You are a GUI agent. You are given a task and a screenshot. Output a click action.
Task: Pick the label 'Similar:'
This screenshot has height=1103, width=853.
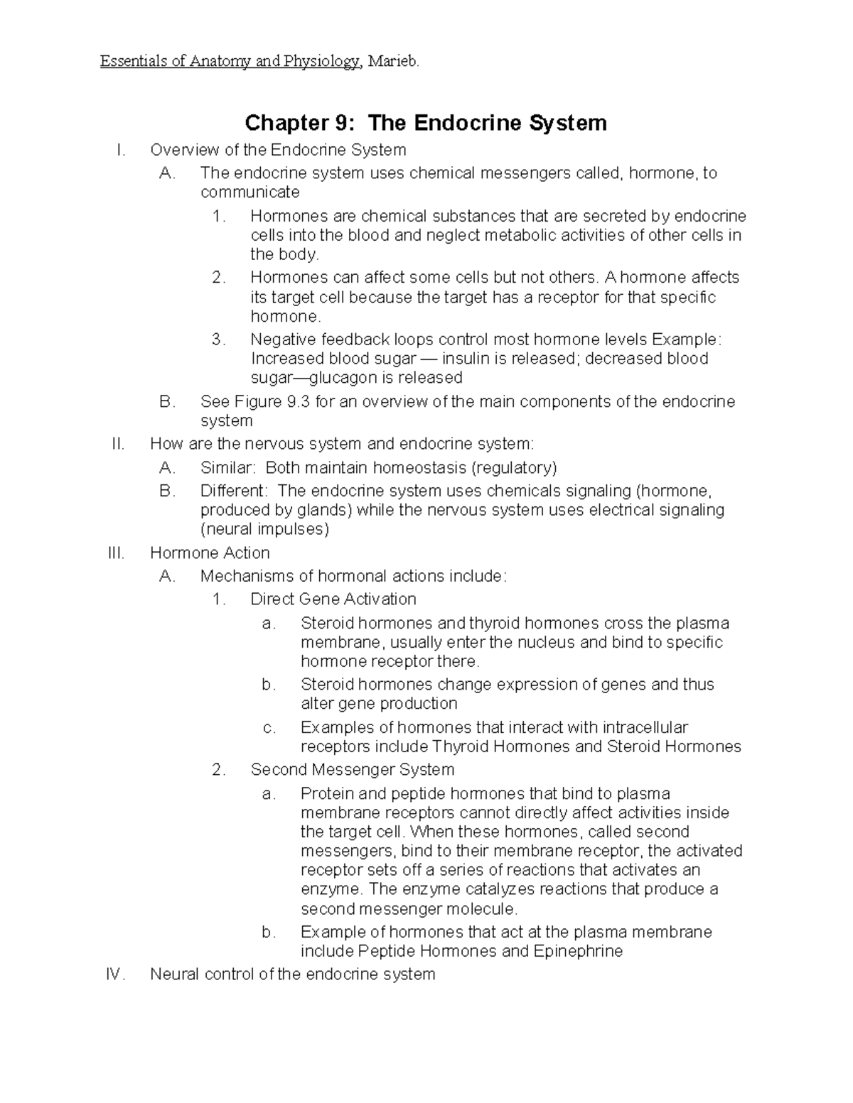click(227, 467)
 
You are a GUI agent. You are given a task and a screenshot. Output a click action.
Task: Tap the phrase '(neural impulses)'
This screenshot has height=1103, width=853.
click(265, 529)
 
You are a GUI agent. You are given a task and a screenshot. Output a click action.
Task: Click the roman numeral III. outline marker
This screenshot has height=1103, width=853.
click(116, 553)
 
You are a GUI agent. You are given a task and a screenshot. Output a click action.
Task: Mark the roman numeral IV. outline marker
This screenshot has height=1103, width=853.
click(115, 974)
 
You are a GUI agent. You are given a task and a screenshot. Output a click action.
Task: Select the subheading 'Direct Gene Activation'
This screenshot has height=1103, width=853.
click(333, 599)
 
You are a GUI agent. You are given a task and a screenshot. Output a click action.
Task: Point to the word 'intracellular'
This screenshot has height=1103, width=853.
click(645, 727)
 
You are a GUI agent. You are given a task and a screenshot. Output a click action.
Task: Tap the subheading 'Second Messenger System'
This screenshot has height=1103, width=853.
click(352, 770)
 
